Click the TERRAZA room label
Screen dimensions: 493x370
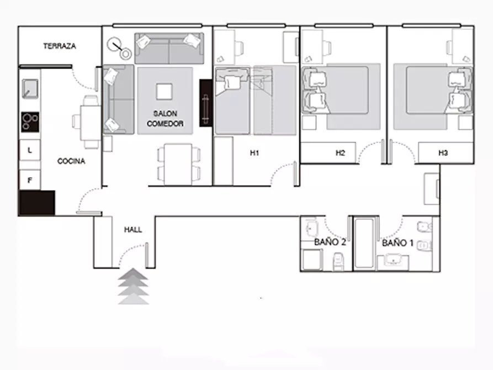click(x=60, y=46)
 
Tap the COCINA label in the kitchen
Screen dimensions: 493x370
click(x=71, y=161)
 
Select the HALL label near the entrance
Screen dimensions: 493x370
click(x=133, y=230)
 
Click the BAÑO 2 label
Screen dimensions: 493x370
click(x=330, y=242)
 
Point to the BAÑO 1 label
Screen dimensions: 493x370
click(x=397, y=243)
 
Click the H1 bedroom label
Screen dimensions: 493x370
click(x=255, y=153)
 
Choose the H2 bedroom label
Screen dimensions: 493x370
click(x=340, y=153)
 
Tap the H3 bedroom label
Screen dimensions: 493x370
click(x=443, y=153)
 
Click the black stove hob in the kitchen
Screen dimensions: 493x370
click(x=30, y=122)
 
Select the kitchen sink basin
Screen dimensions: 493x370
click(x=30, y=89)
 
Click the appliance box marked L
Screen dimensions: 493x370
click(x=30, y=150)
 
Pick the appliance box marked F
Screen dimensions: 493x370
click(x=30, y=180)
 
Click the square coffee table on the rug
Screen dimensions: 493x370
click(x=164, y=92)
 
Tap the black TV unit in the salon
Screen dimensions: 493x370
click(x=205, y=103)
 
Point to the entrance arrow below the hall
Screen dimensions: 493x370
click(x=133, y=286)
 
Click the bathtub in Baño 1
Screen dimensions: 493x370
click(x=364, y=243)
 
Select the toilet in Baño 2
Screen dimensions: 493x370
click(x=338, y=262)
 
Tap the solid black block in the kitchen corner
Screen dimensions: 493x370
click(x=38, y=203)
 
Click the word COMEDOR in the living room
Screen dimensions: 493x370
click(x=165, y=124)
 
